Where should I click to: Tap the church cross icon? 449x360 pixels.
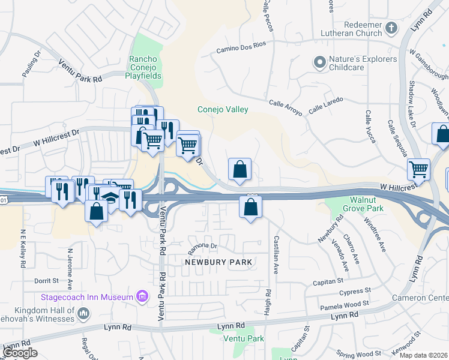pyautogui.click(x=391, y=28)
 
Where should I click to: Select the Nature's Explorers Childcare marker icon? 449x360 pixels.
pyautogui.click(x=319, y=61)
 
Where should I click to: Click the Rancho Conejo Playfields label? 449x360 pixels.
pyautogui.click(x=143, y=68)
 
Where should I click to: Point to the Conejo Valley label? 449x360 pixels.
pyautogui.click(x=223, y=109)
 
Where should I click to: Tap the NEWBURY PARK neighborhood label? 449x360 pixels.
pyautogui.click(x=218, y=262)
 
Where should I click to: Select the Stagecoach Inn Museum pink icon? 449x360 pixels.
pyautogui.click(x=142, y=296)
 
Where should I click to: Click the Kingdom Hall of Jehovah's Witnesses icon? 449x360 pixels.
pyautogui.click(x=83, y=313)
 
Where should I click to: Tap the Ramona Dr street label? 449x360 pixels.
pyautogui.click(x=202, y=245)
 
